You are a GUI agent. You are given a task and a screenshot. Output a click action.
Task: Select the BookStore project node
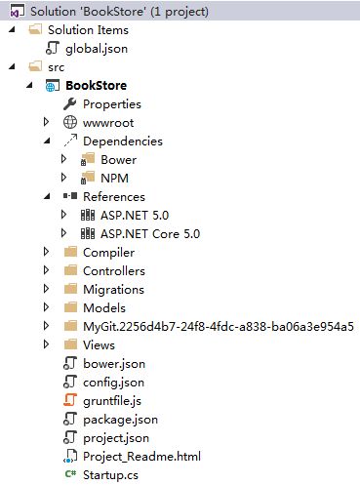point(95,85)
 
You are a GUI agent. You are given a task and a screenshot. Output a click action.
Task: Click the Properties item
point(111,103)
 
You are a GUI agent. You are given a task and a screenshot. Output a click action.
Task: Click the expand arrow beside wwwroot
point(47,122)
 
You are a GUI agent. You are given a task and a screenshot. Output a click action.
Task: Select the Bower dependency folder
point(118,159)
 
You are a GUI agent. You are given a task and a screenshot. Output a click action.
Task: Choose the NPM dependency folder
point(114,178)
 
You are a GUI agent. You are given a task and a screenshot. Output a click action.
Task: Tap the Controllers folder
point(113,270)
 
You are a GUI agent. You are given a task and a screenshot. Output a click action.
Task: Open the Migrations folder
point(113,289)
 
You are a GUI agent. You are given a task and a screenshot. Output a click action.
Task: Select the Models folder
point(103,307)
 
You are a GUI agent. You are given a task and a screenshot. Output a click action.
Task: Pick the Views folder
point(100,344)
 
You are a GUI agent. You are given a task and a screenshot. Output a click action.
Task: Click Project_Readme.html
point(142,456)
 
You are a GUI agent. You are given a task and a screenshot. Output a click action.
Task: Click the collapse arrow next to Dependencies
point(47,141)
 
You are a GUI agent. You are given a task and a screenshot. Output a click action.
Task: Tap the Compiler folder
point(108,252)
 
